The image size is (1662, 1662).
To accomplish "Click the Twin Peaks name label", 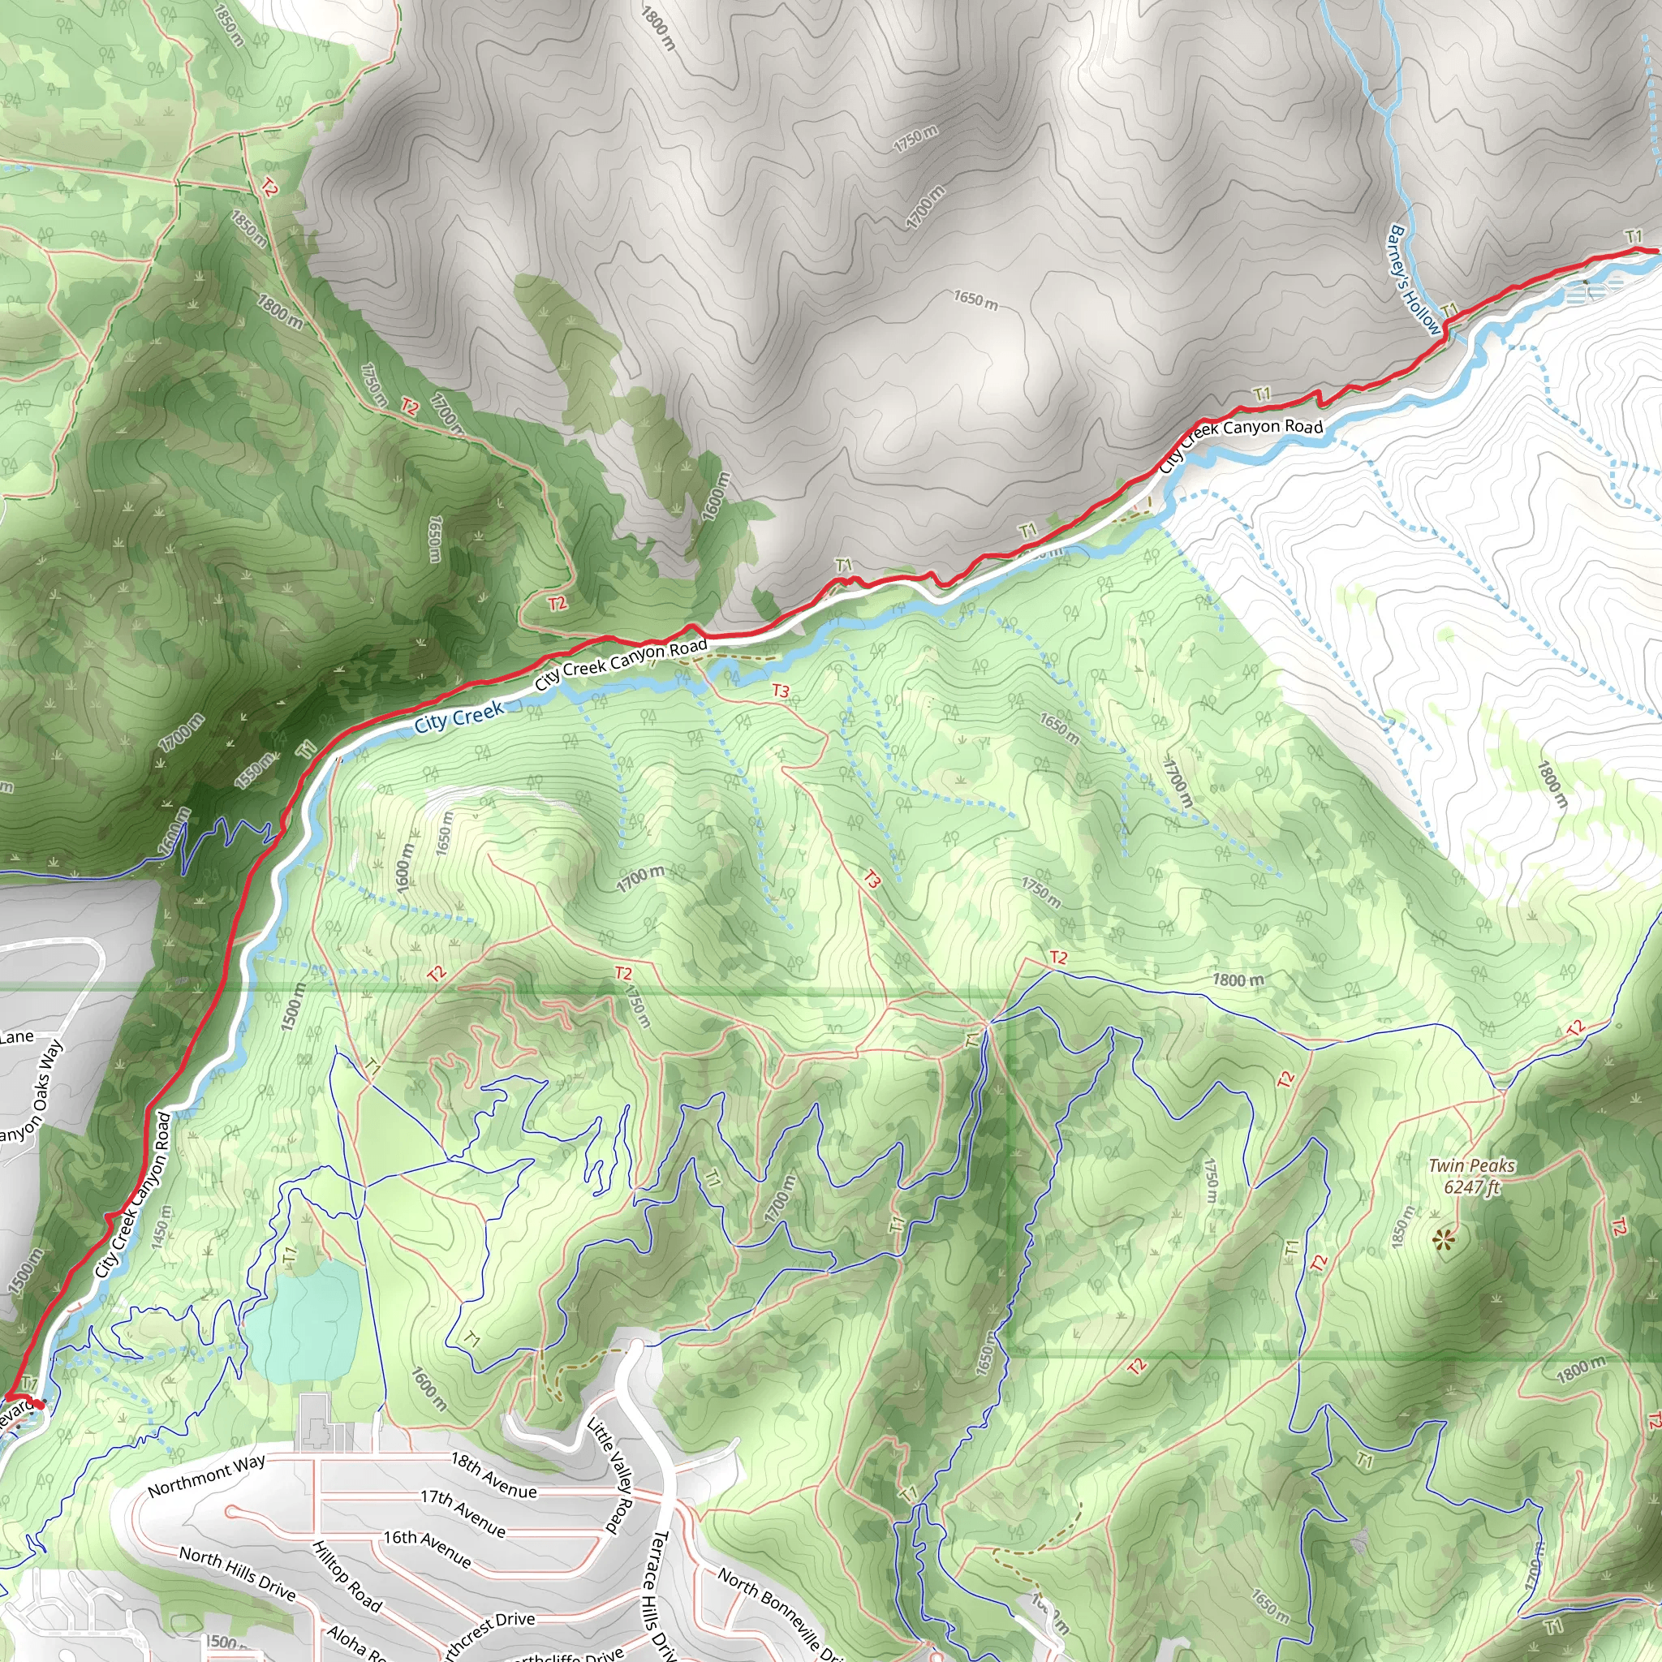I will [1472, 1165].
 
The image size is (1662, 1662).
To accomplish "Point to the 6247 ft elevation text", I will [1472, 1188].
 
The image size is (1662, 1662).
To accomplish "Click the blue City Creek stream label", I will [459, 717].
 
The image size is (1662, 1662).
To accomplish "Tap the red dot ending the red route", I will [40, 1405].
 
